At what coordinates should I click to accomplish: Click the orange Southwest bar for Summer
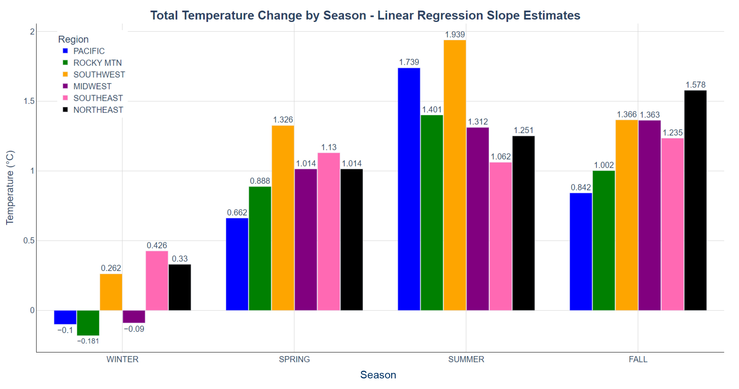(455, 175)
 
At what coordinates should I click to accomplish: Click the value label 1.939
(455, 35)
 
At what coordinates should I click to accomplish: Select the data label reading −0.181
(88, 341)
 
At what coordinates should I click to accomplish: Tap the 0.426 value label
(157, 245)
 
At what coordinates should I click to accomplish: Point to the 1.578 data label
(695, 85)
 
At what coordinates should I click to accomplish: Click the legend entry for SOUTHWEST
(99, 75)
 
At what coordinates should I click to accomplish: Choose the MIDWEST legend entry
(92, 86)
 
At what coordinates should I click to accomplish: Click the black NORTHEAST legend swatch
(65, 110)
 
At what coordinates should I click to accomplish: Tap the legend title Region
(73, 39)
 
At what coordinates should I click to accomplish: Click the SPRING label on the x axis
(294, 359)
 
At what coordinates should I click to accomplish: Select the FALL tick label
(638, 359)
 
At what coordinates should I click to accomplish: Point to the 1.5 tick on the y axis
(29, 101)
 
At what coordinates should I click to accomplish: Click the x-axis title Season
(378, 375)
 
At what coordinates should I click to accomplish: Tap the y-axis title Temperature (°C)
(10, 187)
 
